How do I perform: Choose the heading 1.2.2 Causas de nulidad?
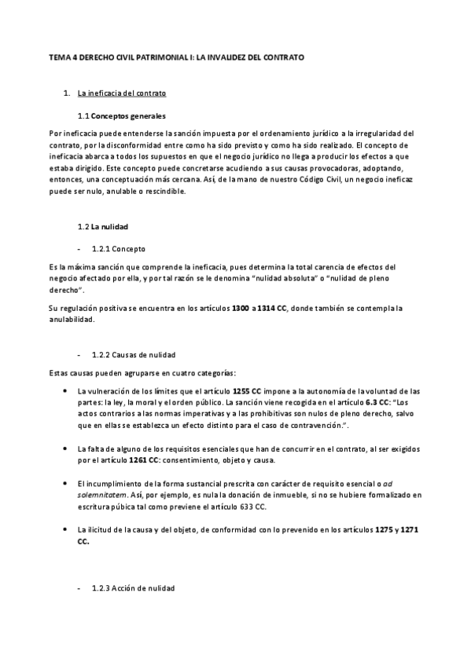click(x=134, y=355)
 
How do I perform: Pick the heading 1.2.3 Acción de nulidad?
click(x=134, y=588)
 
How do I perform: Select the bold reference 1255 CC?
click(x=247, y=390)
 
